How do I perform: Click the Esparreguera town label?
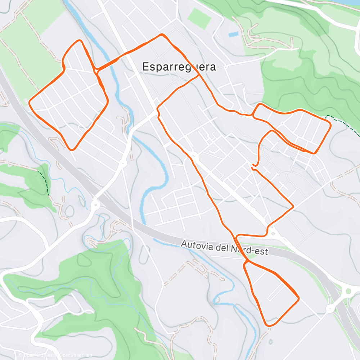click(179, 67)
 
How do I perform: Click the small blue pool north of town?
click(233, 35)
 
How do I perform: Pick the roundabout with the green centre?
click(348, 291)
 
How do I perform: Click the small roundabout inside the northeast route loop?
click(282, 123)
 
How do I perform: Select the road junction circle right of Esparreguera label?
click(226, 67)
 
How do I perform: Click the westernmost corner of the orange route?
click(30, 102)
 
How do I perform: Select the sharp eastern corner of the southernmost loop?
click(298, 298)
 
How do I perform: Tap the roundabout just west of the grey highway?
click(96, 206)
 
